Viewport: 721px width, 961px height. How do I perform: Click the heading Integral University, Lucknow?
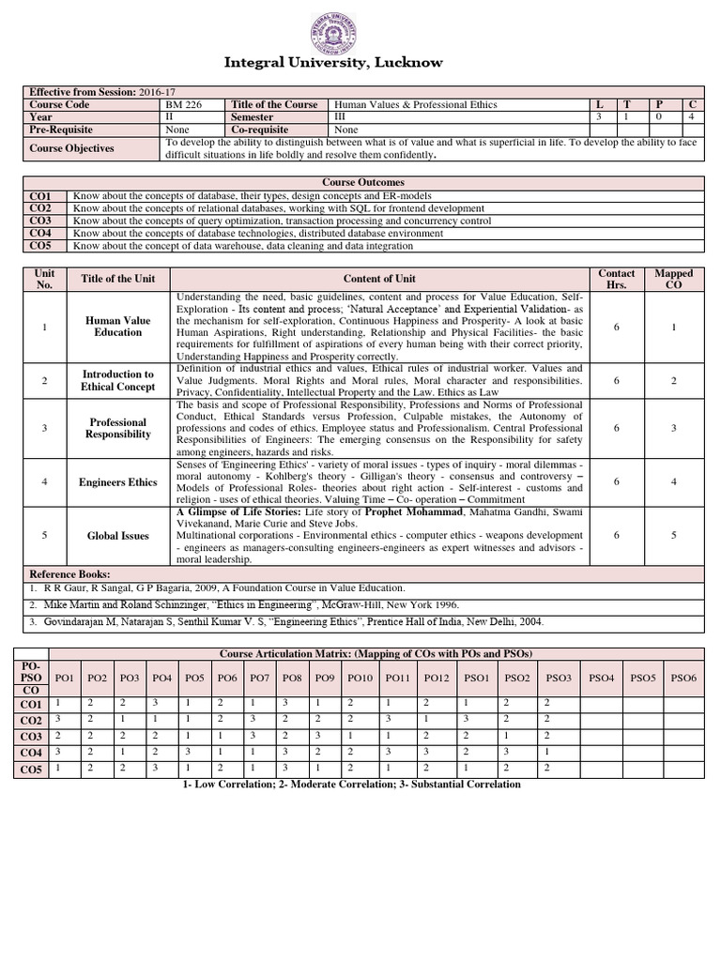[x=333, y=62]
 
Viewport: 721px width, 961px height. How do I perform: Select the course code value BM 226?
[x=183, y=104]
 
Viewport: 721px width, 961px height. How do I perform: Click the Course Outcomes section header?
[x=363, y=182]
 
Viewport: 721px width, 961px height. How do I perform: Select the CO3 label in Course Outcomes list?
[x=41, y=221]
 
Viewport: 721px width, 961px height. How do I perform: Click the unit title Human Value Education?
[x=117, y=327]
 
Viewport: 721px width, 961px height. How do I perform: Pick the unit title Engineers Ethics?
[x=117, y=482]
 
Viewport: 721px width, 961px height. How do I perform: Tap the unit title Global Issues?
[x=117, y=536]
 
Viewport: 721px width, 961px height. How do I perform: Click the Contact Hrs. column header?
[x=616, y=279]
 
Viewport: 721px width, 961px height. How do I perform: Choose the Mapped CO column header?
[x=674, y=279]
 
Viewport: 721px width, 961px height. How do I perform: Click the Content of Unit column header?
[x=379, y=279]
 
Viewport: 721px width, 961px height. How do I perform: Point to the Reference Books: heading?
[x=70, y=573]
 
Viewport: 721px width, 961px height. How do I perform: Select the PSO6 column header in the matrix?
[x=683, y=677]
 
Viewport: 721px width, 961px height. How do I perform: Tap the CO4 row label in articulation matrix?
[x=31, y=753]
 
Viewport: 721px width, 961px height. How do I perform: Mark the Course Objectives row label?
[x=71, y=148]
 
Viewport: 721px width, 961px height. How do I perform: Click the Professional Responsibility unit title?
[x=117, y=429]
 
